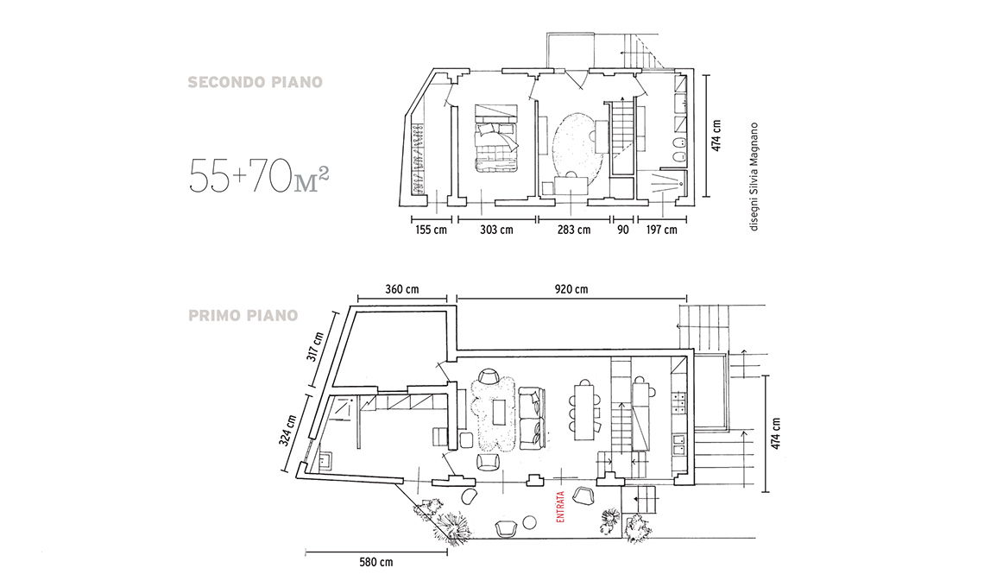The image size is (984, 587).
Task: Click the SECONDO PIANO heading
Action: [x=255, y=82]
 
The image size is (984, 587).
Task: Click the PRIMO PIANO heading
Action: [x=243, y=315]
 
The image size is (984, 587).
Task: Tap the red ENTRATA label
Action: [x=560, y=507]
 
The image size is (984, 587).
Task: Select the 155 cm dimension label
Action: [x=431, y=230]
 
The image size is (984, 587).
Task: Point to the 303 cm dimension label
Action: [x=496, y=230]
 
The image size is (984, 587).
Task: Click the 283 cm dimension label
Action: [x=574, y=230]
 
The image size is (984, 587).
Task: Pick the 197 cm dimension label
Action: [x=661, y=230]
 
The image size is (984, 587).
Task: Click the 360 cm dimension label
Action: [x=402, y=289]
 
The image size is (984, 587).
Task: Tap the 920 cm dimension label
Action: [x=571, y=289]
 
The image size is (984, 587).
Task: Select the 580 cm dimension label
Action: [x=376, y=562]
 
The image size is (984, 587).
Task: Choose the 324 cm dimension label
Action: [x=288, y=430]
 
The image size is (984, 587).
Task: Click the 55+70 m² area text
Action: [x=259, y=176]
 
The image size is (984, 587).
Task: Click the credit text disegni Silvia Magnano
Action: [x=754, y=177]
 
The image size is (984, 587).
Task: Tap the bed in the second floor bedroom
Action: [x=495, y=138]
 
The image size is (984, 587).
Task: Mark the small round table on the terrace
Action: [x=529, y=521]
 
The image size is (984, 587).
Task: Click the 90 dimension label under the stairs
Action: [x=622, y=230]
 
